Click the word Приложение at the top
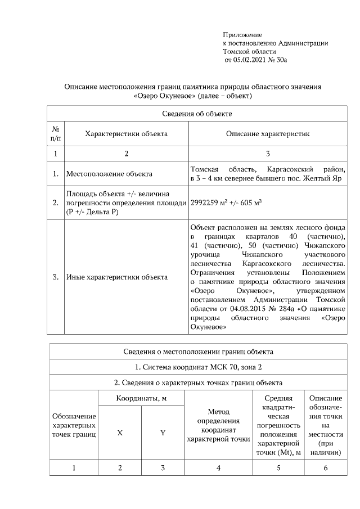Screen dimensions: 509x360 242,35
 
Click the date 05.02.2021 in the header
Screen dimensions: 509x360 251,59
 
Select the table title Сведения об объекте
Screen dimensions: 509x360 197,114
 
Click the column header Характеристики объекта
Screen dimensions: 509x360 126,134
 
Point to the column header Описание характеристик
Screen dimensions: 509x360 268,134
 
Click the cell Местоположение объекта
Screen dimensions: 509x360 109,174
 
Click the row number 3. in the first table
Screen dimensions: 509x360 56,277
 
